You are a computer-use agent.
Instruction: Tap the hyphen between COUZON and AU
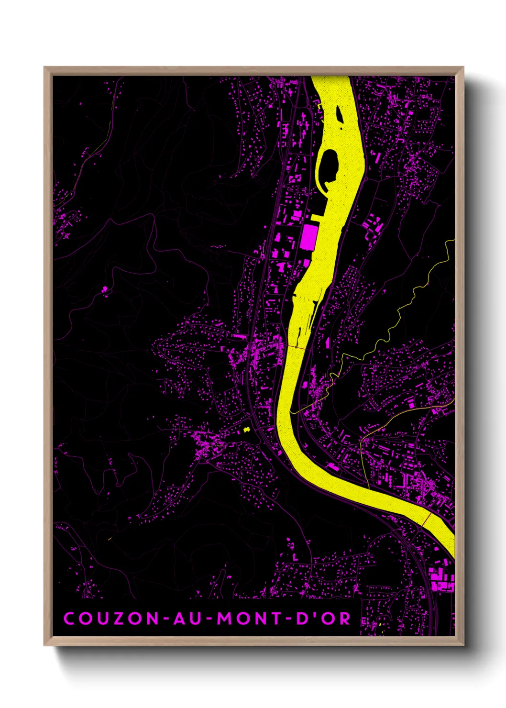[165, 619]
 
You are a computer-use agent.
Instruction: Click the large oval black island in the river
[329, 165]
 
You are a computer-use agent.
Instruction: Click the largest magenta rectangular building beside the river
[309, 237]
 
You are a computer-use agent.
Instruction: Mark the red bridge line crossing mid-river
[297, 348]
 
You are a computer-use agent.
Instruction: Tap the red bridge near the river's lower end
[427, 520]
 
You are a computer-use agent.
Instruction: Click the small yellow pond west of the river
[247, 430]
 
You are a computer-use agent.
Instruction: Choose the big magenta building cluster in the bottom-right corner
[441, 580]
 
